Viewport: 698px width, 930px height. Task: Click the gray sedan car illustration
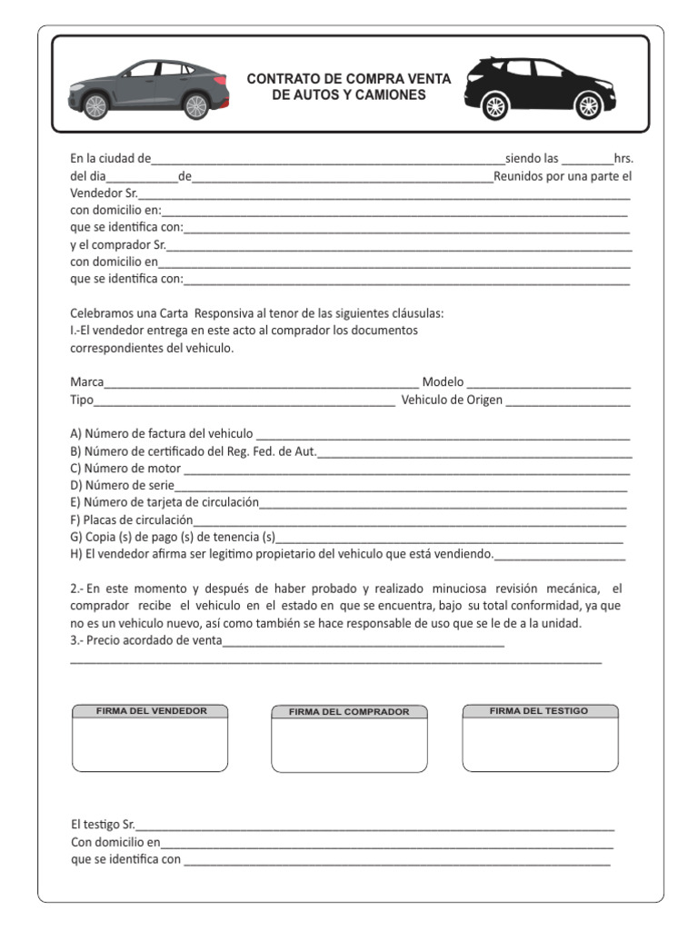(x=148, y=89)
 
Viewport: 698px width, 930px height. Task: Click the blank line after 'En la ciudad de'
(x=327, y=160)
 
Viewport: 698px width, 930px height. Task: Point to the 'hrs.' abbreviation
(x=623, y=158)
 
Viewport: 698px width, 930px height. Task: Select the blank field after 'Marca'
(x=261, y=384)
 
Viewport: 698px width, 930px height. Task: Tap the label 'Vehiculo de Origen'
(x=452, y=400)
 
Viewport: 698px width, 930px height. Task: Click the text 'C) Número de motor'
(x=125, y=469)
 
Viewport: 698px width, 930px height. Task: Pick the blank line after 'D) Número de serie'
(x=400, y=487)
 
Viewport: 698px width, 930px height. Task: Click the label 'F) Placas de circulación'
(x=132, y=520)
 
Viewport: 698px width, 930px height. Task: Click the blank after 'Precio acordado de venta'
(x=364, y=643)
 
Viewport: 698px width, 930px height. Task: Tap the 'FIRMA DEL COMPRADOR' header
(x=349, y=712)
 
